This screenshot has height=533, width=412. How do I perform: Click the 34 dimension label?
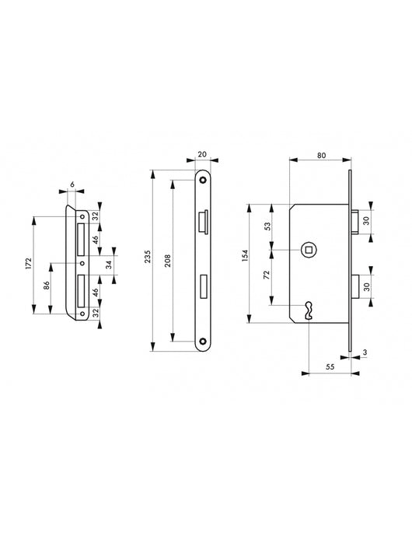point(109,265)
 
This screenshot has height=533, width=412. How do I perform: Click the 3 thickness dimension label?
point(365,352)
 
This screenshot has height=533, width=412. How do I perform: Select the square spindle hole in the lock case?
point(309,249)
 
